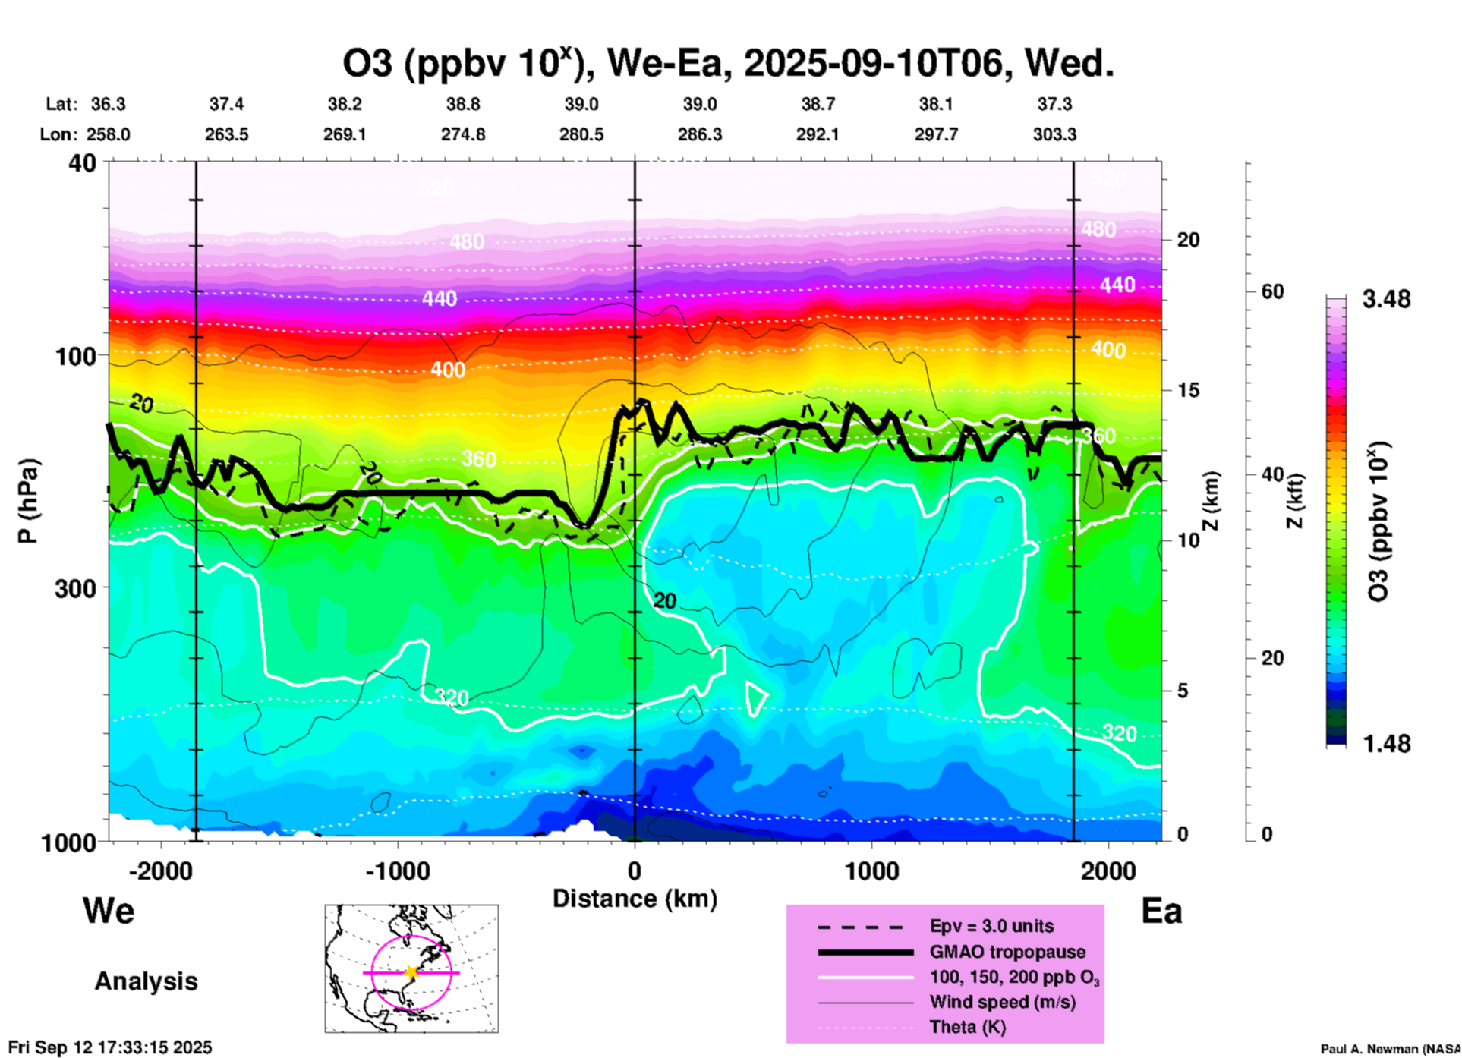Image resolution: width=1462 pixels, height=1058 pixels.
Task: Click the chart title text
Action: coord(728,64)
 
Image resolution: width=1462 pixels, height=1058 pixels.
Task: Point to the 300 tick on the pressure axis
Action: coord(76,587)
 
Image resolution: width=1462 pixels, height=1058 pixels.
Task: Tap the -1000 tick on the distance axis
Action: coord(397,871)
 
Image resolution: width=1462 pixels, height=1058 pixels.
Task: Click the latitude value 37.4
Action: coord(226,104)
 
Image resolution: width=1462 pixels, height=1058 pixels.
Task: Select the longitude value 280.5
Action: coord(581,134)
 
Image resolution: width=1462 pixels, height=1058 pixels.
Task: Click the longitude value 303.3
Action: coord(1054,134)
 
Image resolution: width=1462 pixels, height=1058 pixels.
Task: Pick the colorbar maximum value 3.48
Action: coord(1386,299)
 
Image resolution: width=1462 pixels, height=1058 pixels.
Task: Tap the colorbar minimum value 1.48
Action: coord(1386,743)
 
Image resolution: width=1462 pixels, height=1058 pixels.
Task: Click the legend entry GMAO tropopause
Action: coord(1007,952)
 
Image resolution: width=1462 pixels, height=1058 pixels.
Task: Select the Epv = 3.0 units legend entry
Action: coord(991,926)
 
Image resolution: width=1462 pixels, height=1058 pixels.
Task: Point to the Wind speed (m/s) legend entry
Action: coord(1002,1002)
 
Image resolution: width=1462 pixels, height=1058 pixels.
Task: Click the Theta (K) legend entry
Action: coord(967,1027)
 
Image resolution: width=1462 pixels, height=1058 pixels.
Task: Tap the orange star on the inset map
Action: coord(411,972)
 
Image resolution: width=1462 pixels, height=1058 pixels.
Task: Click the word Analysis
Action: coord(146,981)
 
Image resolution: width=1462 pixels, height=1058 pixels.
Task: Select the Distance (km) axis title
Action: coord(635,899)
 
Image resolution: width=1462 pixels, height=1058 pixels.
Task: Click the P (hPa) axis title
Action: coord(27,500)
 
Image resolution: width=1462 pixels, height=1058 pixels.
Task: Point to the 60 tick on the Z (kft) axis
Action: coord(1272,291)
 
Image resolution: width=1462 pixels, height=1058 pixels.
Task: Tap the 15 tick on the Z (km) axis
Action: coord(1187,390)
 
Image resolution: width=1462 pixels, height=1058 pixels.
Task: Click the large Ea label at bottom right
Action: coord(1161,911)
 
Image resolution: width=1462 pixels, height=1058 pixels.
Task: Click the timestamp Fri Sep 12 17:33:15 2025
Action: coord(111,1047)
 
